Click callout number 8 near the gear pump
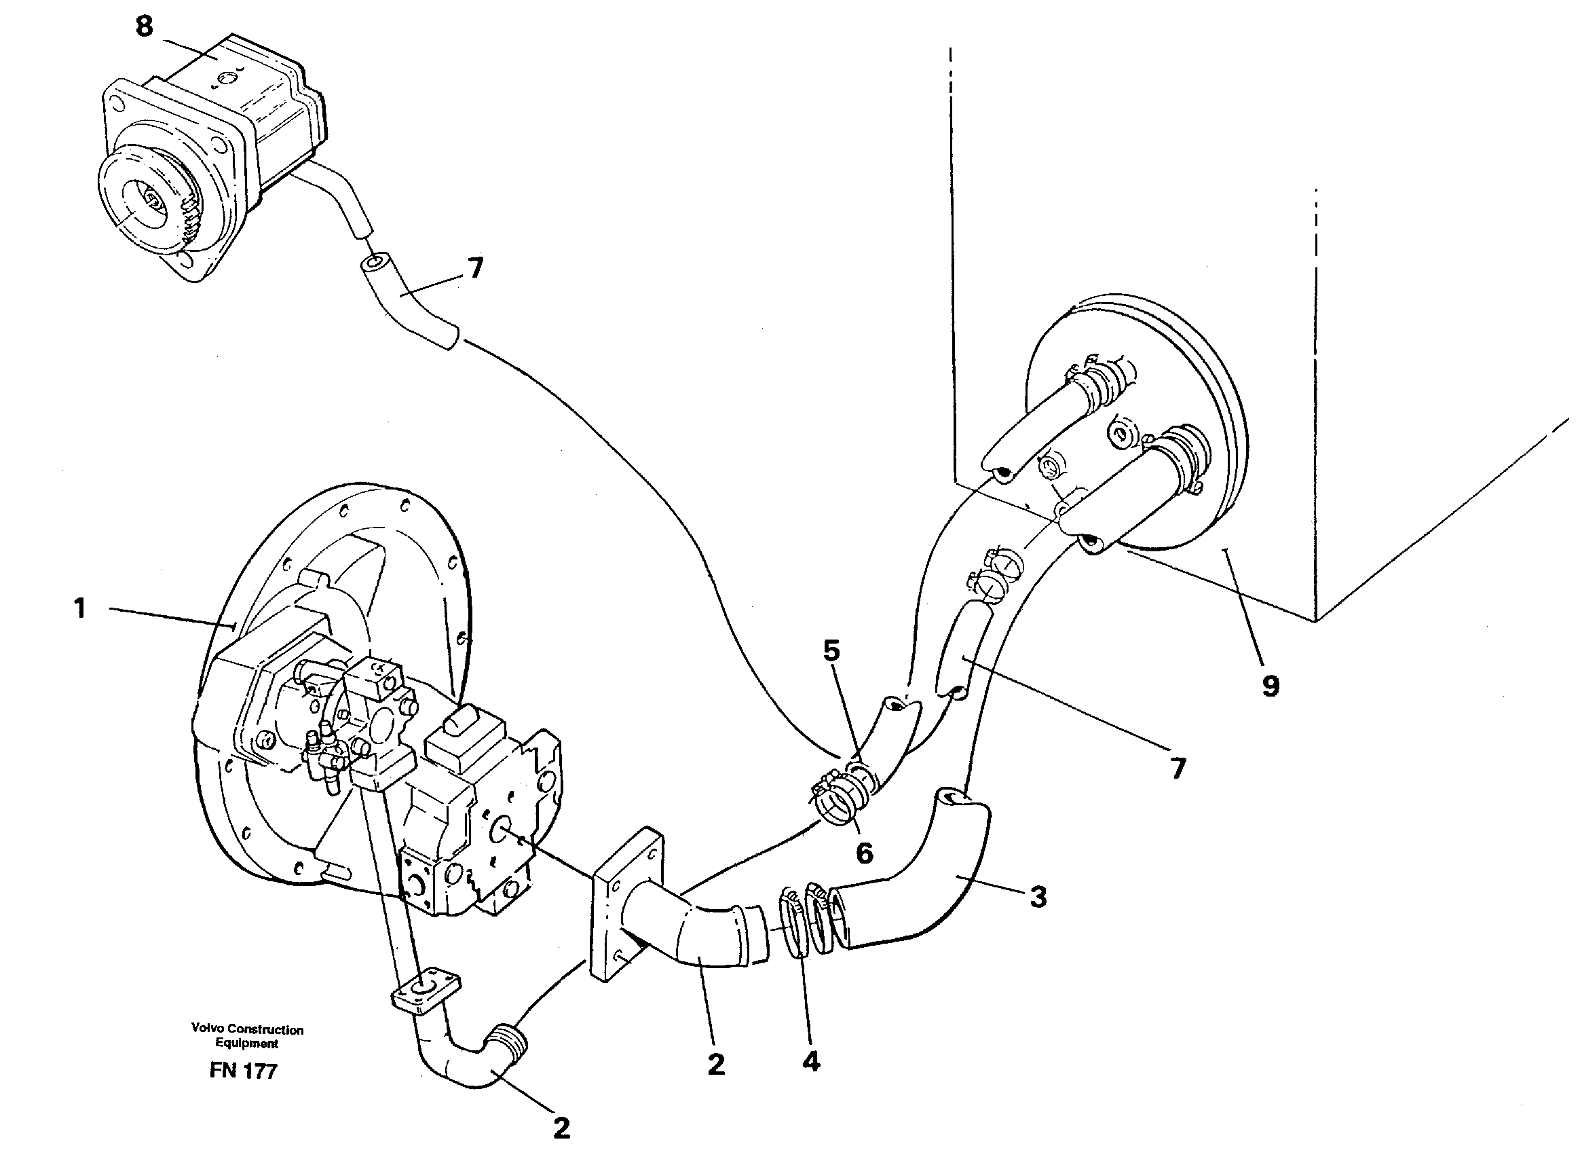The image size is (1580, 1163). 144,27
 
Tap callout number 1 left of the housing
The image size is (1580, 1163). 80,608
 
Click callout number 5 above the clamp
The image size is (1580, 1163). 832,651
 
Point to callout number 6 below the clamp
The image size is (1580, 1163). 864,853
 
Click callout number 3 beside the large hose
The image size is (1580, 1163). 1038,897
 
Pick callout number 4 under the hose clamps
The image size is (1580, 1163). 811,1062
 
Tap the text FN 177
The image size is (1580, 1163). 244,1071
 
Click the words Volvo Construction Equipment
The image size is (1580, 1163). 247,1035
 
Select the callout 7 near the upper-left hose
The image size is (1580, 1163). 476,268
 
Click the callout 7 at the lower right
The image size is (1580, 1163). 1178,769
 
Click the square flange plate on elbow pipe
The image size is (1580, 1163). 626,905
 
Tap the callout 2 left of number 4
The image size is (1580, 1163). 716,1064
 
